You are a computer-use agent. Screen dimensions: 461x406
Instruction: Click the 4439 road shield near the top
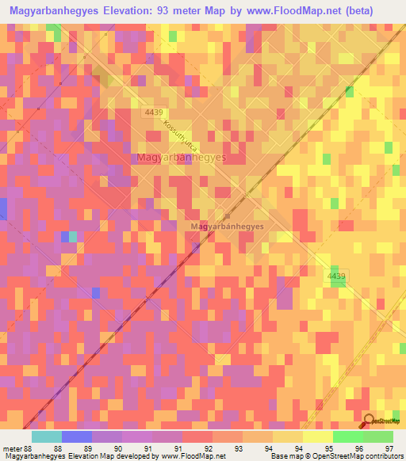154,114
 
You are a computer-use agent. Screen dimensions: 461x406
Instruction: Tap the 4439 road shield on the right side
336,276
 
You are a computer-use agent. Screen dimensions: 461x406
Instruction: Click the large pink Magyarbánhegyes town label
182,158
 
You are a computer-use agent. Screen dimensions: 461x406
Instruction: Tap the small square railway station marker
228,215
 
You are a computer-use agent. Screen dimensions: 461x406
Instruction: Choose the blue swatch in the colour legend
77,436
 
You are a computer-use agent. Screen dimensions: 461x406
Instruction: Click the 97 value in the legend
389,448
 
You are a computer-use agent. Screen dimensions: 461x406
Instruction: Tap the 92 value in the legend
209,448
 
